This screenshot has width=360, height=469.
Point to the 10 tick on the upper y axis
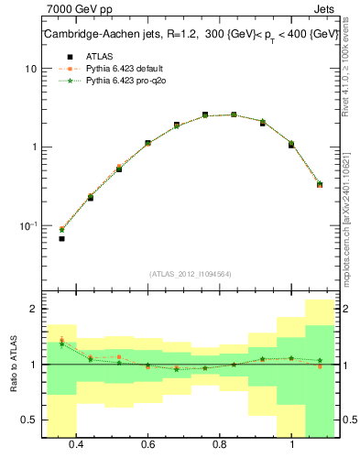click(31, 69)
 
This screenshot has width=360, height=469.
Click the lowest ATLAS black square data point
click(61, 239)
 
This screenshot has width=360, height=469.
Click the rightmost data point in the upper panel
click(320, 185)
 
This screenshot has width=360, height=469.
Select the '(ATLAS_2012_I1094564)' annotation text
click(189, 273)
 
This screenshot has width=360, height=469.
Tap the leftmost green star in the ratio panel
click(61, 344)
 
